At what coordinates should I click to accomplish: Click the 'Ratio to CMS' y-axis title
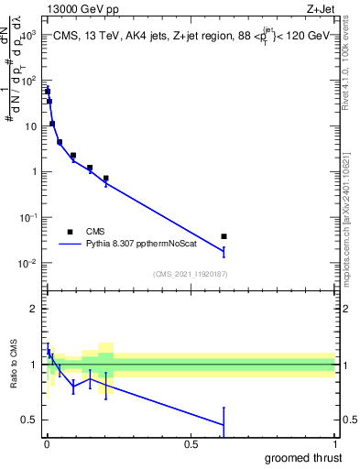[13, 365]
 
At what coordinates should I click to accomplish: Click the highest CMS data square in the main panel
[47, 91]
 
